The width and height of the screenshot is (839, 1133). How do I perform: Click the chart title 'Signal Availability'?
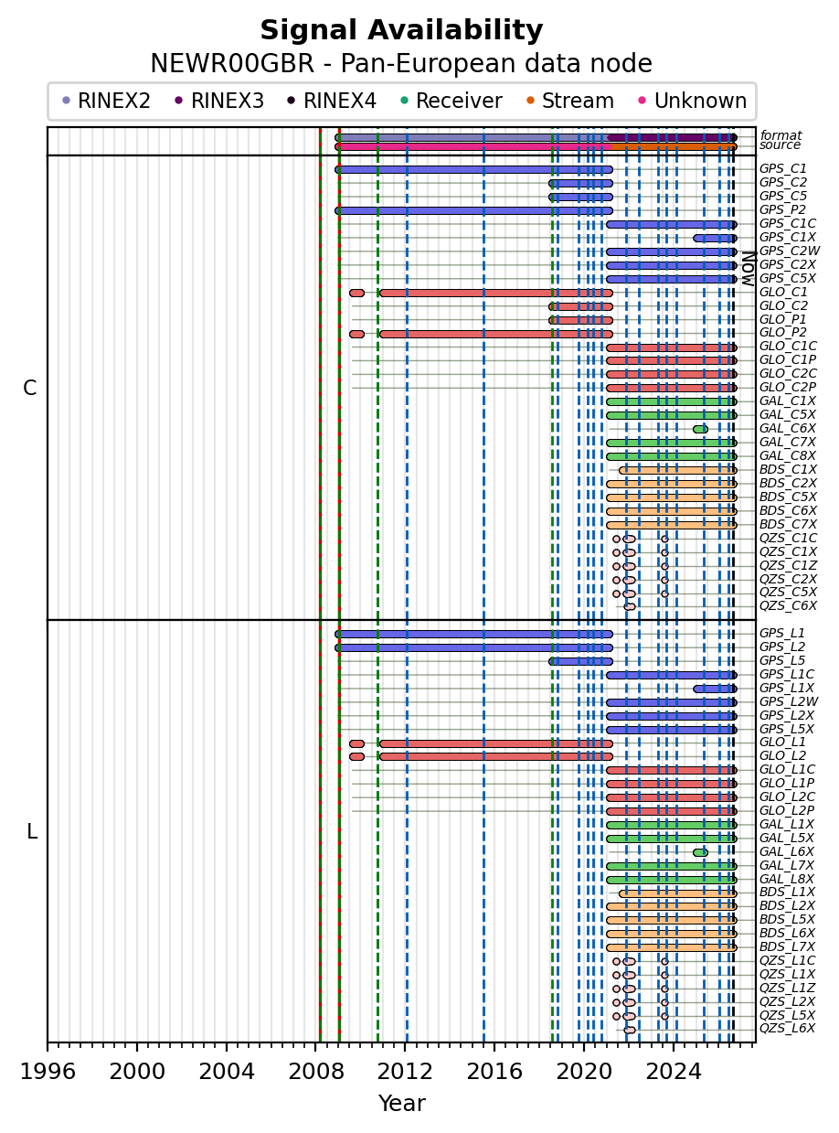401,31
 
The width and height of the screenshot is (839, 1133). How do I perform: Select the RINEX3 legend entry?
218,101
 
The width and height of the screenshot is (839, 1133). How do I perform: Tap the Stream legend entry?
569,101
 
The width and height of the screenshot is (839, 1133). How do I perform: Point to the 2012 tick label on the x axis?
405,1071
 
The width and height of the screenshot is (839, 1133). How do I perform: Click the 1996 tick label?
48,1071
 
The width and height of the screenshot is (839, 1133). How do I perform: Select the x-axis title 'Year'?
401,1103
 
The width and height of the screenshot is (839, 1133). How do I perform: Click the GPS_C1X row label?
788,237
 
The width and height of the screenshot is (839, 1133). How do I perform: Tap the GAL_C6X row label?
788,428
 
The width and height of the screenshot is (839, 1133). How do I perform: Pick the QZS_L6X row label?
787,1028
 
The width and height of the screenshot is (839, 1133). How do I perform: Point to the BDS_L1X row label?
787,892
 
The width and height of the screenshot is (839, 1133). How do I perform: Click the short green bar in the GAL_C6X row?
700,429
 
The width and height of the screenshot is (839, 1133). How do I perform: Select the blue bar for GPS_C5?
580,198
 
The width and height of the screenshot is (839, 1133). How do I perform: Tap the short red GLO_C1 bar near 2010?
357,293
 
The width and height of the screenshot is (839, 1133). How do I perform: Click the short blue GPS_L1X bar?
715,689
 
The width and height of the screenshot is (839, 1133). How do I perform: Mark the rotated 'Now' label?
749,269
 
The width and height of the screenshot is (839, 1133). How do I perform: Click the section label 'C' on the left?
29,389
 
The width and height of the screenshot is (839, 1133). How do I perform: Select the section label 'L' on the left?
32,831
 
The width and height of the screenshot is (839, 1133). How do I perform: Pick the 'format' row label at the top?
781,135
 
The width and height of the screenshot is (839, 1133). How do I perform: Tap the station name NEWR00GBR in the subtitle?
232,64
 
